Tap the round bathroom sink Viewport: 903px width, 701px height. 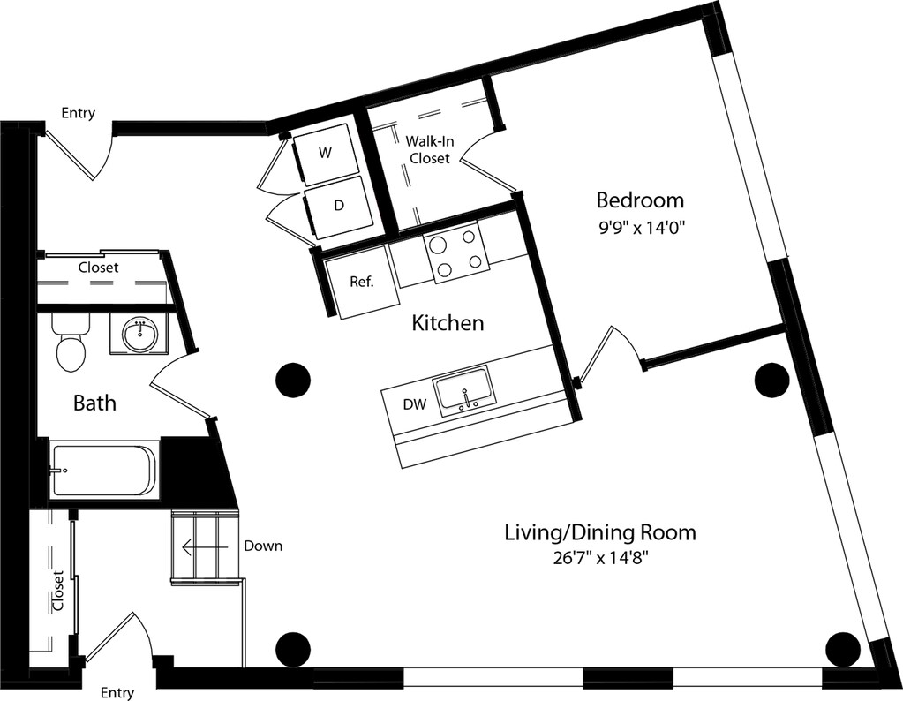[139, 335]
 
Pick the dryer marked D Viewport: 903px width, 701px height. [339, 205]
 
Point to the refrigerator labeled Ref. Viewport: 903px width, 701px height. [361, 283]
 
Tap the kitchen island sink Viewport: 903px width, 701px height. [465, 391]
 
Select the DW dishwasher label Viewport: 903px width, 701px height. [415, 404]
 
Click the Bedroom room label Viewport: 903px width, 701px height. [640, 200]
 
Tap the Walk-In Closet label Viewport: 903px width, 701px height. [426, 150]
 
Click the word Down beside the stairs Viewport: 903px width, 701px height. [263, 546]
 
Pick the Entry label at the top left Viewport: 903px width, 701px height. [79, 113]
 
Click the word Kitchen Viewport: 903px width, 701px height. [448, 323]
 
